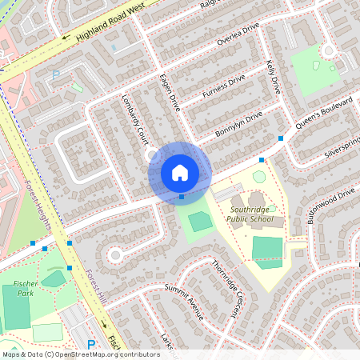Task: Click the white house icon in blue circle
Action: pos(180,172)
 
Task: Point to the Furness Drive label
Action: pos(224,87)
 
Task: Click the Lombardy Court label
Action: pos(133,121)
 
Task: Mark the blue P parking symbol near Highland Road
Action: pos(55,75)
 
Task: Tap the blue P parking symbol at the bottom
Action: pos(90,344)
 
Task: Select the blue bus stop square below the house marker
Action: pos(182,197)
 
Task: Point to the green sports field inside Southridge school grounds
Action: pos(267,247)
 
